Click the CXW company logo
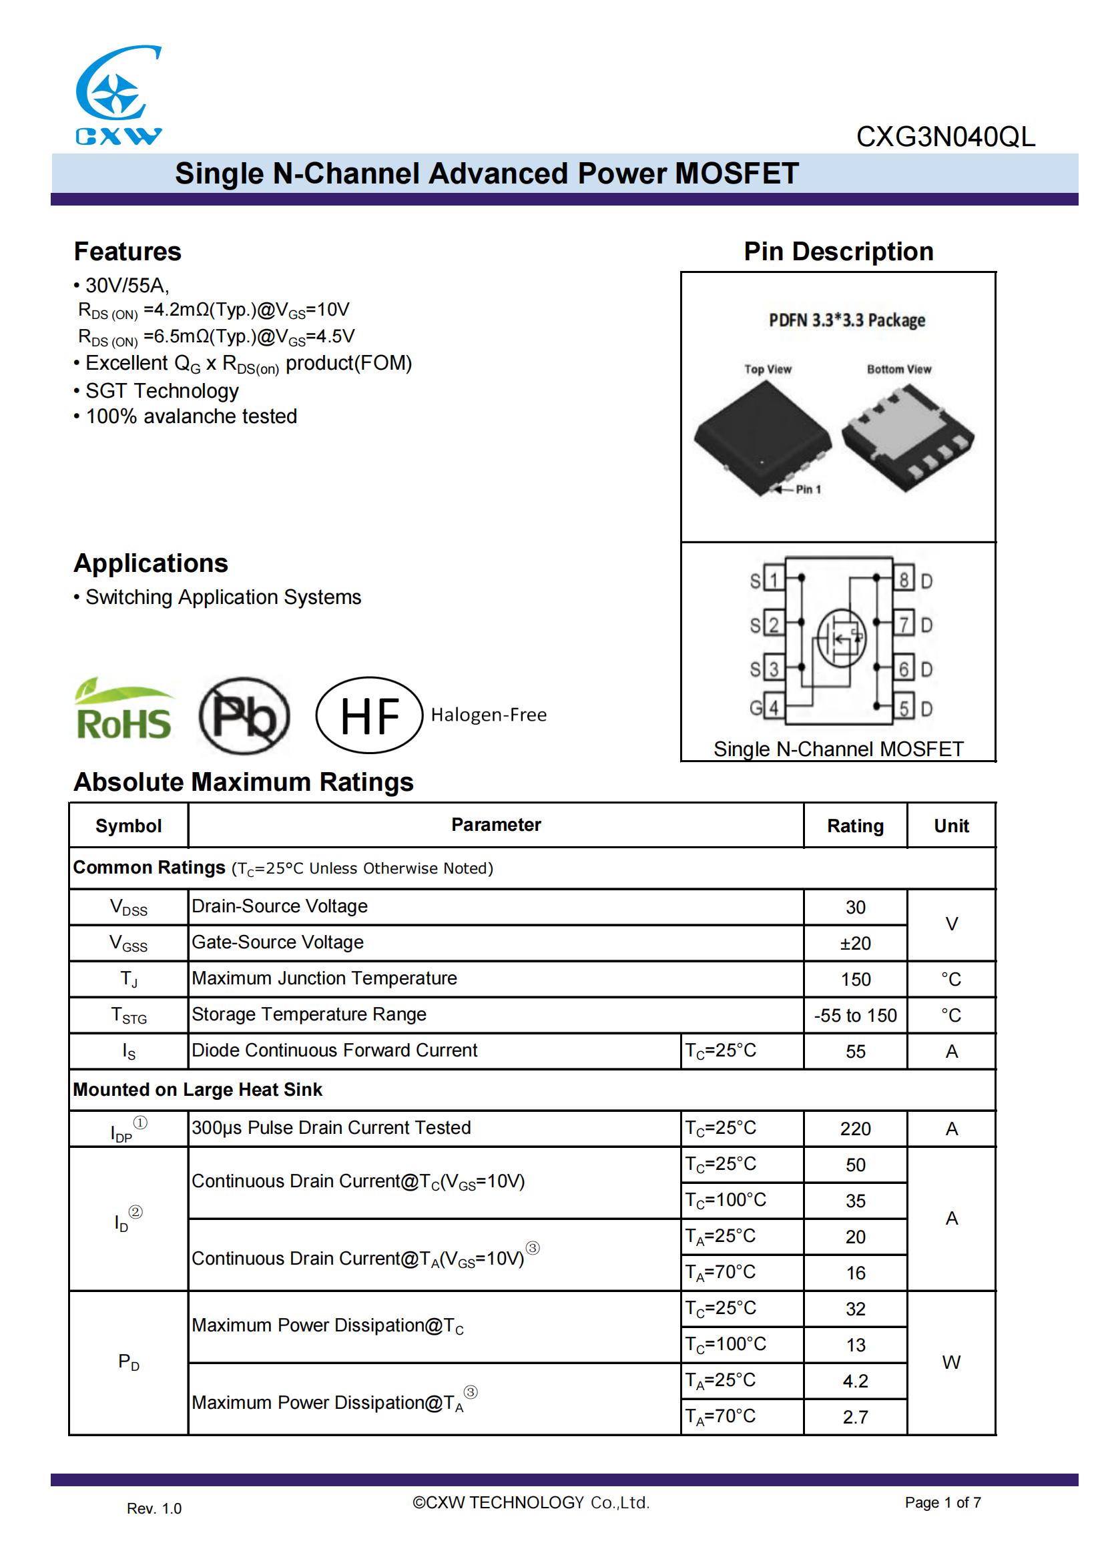(x=118, y=95)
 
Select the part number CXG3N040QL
(x=945, y=137)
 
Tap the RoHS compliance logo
(x=123, y=712)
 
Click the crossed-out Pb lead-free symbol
(x=244, y=715)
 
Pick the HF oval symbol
(x=369, y=715)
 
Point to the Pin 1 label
(x=808, y=489)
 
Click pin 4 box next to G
(x=774, y=707)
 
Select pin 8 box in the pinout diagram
(x=904, y=580)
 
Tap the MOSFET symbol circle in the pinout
(x=842, y=637)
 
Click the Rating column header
(x=854, y=826)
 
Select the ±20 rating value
(x=854, y=944)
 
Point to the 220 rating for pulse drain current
(x=854, y=1129)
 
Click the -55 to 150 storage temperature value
(x=854, y=1016)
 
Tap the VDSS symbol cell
(x=128, y=908)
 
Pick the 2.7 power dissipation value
(x=854, y=1418)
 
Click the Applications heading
(x=151, y=564)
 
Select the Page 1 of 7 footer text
(x=942, y=1502)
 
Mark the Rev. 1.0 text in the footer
(x=154, y=1509)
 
